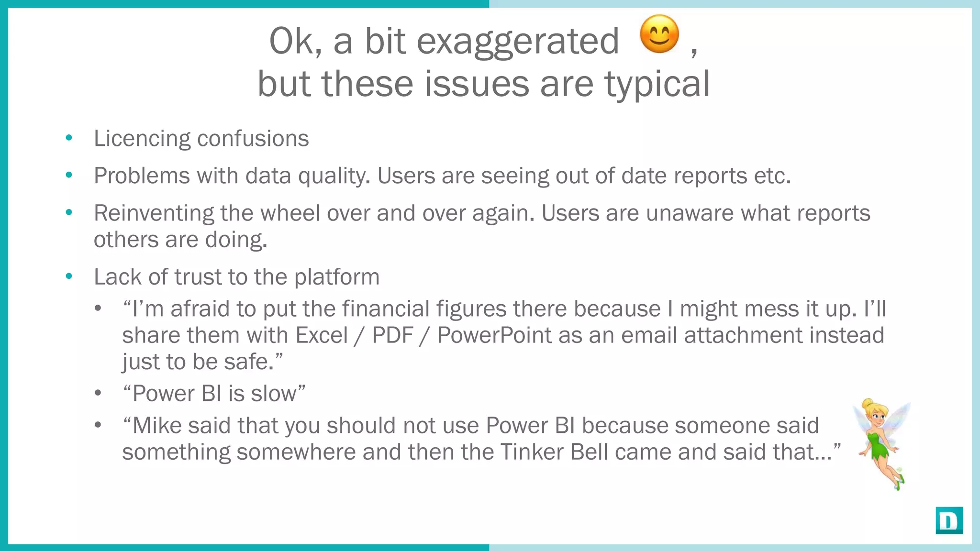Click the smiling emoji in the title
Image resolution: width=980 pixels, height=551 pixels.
pos(659,34)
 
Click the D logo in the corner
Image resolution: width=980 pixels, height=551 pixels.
pos(949,520)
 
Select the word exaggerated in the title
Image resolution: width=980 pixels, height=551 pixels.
pos(518,42)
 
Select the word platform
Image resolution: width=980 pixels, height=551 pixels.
pos(336,277)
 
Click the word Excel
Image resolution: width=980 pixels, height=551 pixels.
pos(322,335)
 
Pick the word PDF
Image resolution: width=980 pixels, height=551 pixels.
pos(392,335)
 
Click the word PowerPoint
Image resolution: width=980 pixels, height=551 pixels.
pos(494,335)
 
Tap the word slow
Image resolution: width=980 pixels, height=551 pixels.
pos(274,394)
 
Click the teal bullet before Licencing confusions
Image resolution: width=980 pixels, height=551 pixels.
pos(69,138)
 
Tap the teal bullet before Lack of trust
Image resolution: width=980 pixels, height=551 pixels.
pos(69,276)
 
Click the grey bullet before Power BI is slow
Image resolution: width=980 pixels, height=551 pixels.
pos(98,393)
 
